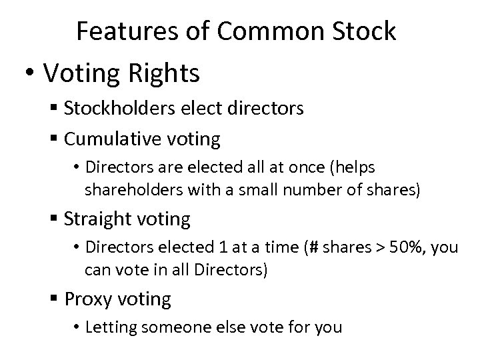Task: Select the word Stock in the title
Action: [363, 31]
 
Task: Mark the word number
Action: [307, 190]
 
